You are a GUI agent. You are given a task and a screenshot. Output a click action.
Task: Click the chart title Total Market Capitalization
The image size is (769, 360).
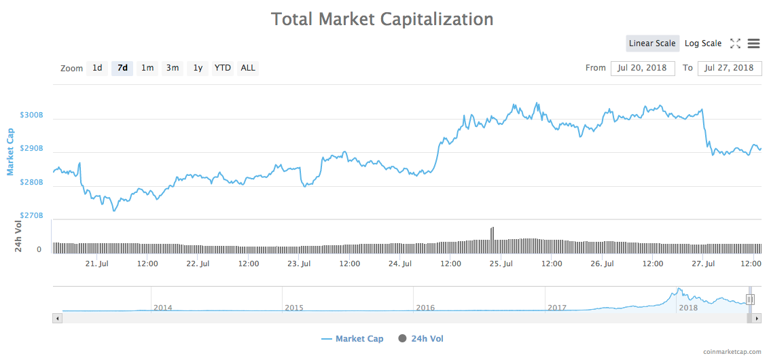[382, 19]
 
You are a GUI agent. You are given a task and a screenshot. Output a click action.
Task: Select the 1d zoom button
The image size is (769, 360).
[97, 68]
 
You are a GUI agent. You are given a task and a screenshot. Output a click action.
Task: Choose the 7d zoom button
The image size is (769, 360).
[122, 68]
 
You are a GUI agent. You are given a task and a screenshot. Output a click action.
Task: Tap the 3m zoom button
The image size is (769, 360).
[173, 68]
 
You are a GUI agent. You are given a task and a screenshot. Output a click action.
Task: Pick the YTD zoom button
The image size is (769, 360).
[222, 68]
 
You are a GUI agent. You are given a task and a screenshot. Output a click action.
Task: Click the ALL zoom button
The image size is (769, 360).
[248, 68]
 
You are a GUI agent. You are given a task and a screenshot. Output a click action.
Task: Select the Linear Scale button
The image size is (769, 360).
[652, 43]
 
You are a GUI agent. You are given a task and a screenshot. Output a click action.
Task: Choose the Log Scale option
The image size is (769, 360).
[703, 43]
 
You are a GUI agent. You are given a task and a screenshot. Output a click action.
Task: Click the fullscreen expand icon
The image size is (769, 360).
[735, 43]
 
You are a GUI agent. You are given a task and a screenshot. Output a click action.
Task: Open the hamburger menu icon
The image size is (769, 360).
[753, 43]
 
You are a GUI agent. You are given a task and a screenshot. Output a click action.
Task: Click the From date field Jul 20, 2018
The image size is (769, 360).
[643, 68]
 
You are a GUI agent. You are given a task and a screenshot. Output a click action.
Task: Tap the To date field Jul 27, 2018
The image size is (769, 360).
[730, 68]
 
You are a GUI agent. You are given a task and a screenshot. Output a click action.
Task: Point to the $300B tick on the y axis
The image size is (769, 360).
[32, 115]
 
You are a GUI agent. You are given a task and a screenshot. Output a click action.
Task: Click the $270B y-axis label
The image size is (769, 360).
[32, 216]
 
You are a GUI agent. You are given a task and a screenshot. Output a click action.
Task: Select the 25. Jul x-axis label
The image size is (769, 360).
[501, 264]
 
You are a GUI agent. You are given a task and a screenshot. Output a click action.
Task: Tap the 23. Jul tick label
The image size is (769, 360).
[299, 264]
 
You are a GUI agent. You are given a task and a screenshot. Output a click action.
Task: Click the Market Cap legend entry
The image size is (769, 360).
[353, 338]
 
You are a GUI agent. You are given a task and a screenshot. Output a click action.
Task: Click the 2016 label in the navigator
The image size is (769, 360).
[425, 308]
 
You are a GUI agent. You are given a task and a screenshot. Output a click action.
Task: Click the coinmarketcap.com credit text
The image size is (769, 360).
[732, 351]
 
